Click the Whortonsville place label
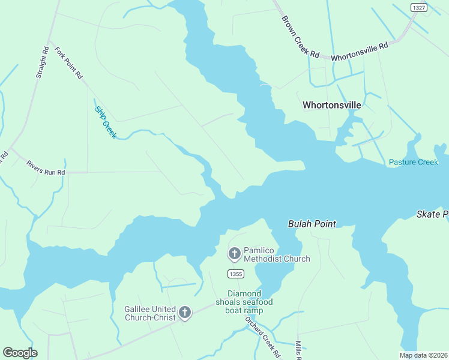tap(332, 105)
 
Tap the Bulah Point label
tap(312, 224)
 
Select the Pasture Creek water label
tap(414, 162)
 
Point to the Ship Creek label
tap(106, 122)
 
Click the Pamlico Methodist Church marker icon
tap(234, 254)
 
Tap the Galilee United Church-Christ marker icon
tap(184, 313)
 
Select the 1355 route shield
tap(236, 274)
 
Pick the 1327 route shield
tap(419, 7)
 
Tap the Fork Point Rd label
tap(68, 63)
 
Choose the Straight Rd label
tap(42, 63)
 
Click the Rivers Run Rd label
tap(45, 167)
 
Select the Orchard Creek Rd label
tap(262, 337)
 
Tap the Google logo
tap(20, 353)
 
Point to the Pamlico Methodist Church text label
tap(277, 254)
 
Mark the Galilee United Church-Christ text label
tap(149, 313)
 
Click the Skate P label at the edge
tap(433, 214)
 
